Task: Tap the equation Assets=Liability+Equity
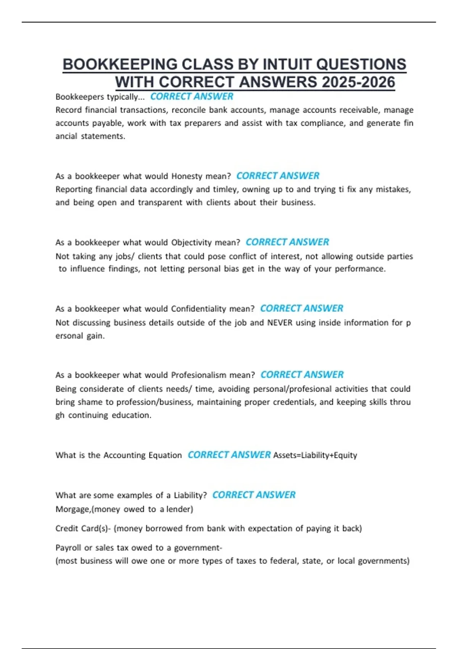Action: point(315,455)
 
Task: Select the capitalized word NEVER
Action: point(280,323)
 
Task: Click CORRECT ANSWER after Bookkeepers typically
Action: point(192,97)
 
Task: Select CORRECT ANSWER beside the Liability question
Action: point(254,495)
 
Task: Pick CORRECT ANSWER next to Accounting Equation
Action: point(229,455)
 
